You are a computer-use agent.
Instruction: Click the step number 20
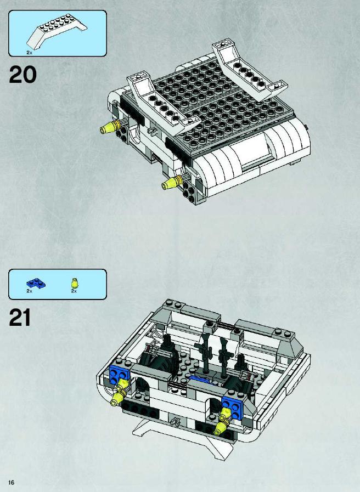(x=22, y=75)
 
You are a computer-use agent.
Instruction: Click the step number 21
(x=20, y=318)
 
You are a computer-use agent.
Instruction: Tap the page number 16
(x=12, y=482)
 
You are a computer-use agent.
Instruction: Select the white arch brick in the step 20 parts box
(x=57, y=31)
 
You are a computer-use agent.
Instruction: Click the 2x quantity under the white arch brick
(x=29, y=53)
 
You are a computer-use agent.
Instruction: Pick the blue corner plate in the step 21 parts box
(x=36, y=284)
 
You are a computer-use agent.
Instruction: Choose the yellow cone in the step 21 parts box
(x=75, y=283)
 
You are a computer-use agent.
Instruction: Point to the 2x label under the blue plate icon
(x=29, y=291)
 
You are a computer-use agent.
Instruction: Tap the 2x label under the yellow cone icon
(x=74, y=291)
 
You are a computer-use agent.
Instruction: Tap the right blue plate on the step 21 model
(x=233, y=407)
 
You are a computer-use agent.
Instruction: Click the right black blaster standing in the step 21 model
(x=224, y=356)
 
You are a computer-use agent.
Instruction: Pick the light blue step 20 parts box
(x=58, y=33)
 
